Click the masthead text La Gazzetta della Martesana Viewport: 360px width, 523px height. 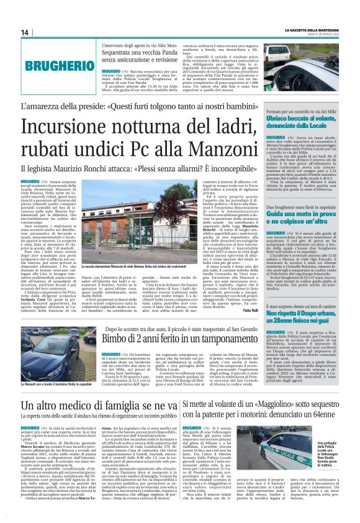point(312,30)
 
